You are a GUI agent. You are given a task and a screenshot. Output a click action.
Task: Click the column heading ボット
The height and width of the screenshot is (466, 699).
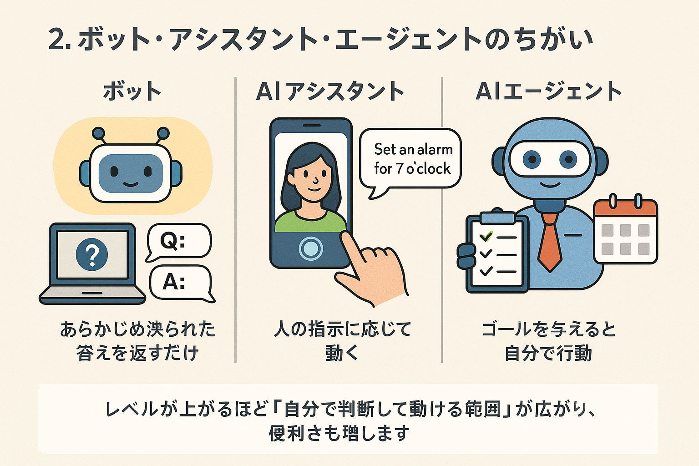[132, 91]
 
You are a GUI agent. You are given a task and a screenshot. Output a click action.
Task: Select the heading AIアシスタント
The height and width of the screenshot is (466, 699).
[330, 91]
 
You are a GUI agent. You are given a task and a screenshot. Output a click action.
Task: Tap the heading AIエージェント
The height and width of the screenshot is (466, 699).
[548, 91]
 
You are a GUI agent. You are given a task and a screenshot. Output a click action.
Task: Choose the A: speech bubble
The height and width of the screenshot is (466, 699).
[180, 283]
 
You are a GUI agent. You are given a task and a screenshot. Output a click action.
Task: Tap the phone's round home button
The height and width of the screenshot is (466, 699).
[311, 248]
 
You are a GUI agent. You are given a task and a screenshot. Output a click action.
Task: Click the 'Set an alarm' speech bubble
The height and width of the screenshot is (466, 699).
[411, 158]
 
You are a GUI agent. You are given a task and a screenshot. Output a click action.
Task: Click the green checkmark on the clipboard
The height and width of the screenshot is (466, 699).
[486, 236]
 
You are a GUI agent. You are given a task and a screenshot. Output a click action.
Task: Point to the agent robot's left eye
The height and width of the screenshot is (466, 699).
[532, 159]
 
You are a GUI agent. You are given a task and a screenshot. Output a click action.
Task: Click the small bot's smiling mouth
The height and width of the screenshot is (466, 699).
[131, 184]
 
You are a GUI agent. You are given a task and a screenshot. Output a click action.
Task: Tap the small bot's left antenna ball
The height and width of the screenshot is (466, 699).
[98, 133]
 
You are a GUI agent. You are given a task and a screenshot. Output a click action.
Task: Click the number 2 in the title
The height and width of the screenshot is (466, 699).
[57, 40]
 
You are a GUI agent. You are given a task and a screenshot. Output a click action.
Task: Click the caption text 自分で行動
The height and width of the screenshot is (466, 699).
[548, 353]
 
